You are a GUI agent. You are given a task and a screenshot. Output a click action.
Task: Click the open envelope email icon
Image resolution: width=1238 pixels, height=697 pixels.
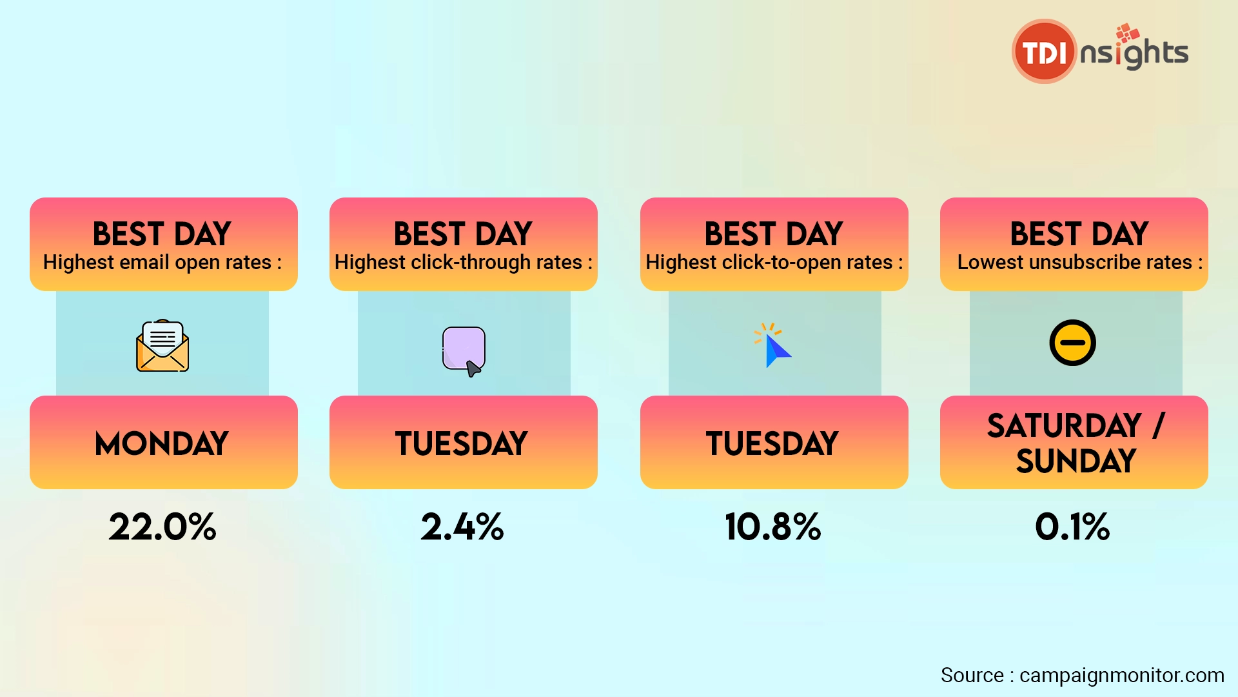pos(162,345)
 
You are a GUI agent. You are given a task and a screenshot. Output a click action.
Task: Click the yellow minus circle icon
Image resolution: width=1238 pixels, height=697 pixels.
pos(1073,343)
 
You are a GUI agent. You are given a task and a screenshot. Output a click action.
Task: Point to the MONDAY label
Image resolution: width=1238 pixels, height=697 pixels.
pos(162,444)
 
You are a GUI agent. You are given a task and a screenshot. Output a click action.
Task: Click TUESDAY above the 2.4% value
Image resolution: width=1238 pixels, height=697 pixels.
pos(462,444)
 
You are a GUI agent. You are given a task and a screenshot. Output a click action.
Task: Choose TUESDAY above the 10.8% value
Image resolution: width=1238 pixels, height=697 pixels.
pos(772,444)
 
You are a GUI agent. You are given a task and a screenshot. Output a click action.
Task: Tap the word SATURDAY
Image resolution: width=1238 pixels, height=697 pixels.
pos(1065,425)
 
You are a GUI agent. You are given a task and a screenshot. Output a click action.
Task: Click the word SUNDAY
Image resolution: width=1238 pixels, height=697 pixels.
pos(1076,461)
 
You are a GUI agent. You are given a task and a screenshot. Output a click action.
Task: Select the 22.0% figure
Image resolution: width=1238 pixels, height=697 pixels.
pos(162,527)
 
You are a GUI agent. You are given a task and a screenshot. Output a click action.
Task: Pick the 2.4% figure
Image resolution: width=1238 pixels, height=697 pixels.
pos(462,527)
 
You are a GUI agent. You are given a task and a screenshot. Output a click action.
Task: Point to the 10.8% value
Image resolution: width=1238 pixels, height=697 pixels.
pos(773,527)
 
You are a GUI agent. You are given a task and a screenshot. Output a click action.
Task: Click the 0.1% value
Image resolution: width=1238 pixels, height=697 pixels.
pos(1073,527)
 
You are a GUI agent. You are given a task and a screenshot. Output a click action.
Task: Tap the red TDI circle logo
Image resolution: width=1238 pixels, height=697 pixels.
pos(1045,52)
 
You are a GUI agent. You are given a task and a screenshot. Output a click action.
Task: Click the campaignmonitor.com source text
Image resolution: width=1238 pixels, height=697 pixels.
pos(1122,675)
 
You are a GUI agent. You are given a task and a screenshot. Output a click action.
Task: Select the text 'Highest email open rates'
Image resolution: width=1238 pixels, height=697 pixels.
pos(157,263)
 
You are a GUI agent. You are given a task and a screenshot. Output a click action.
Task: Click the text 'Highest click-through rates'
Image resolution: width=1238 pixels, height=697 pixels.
pos(458,263)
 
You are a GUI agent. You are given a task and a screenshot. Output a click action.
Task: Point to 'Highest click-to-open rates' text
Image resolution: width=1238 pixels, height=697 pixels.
pos(769,263)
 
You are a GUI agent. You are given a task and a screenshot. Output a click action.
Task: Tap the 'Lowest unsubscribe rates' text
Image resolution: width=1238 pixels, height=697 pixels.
pos(1075,263)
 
